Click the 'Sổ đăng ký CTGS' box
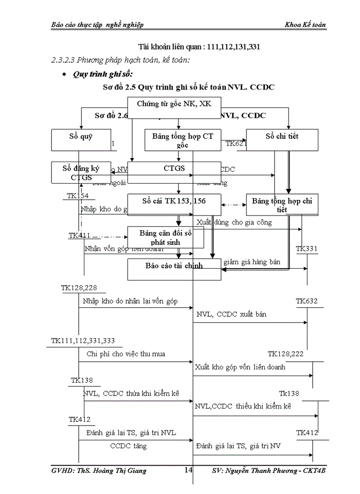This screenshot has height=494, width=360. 81,172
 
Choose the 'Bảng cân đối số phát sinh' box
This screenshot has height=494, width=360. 166,237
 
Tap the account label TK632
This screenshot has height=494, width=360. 307,301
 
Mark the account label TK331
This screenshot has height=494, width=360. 307,250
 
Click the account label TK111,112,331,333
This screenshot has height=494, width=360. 83,341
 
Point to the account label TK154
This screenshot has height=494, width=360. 79,196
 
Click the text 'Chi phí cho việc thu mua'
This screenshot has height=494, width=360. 126,354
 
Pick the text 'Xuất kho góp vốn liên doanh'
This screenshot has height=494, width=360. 240,367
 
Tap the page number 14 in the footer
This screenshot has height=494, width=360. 188,470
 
